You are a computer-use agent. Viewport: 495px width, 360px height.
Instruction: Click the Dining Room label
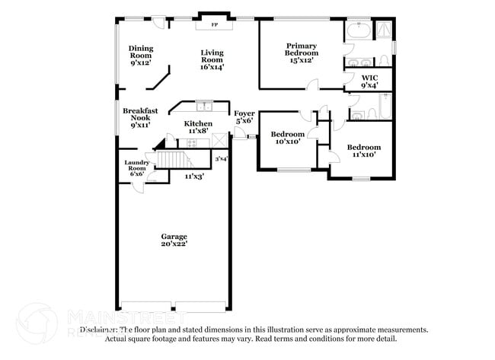pos(140,55)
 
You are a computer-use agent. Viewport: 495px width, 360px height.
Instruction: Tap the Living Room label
pos(212,59)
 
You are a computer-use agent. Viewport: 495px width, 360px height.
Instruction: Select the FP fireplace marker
pos(214,25)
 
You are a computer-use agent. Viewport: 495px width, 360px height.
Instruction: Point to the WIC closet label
pos(369,81)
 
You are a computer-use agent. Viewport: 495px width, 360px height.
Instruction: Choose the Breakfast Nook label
pos(140,117)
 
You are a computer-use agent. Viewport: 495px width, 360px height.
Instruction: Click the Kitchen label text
pos(197,127)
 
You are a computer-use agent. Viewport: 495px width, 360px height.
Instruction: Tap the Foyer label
pos(244,116)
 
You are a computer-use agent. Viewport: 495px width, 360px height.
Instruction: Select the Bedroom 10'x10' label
pos(288,138)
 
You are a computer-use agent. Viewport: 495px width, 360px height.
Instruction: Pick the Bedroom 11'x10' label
pos(362,151)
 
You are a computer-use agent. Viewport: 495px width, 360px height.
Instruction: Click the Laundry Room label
pos(136,167)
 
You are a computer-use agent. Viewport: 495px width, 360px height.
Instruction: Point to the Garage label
pos(174,240)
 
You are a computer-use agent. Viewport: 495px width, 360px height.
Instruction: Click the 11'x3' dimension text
pos(194,176)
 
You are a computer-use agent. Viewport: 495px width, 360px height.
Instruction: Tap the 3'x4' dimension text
pos(221,159)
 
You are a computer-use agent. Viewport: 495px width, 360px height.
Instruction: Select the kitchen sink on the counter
pos(203,106)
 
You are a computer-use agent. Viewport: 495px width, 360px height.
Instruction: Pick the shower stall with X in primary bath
pos(385,30)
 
